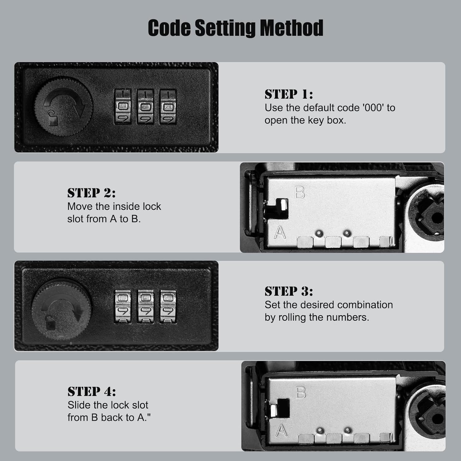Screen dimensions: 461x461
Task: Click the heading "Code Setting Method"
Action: [235, 28]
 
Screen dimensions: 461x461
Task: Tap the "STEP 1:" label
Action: [289, 94]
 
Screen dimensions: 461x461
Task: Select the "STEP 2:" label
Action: [91, 193]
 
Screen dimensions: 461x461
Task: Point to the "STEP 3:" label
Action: [289, 291]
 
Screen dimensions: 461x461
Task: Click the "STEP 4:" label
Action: [92, 392]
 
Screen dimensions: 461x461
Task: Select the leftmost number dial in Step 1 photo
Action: [123, 107]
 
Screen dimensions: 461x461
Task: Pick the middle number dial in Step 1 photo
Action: [145, 107]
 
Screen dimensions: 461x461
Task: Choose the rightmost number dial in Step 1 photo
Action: [168, 107]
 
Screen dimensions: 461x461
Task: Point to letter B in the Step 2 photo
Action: [300, 193]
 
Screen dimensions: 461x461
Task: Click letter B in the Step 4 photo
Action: [301, 392]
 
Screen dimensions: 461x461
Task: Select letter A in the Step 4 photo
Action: [281, 430]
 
